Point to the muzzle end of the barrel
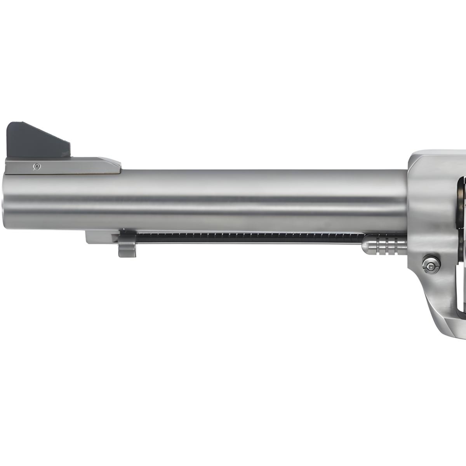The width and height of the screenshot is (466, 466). [x=5, y=202]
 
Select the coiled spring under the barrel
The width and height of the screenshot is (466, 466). [x=249, y=235]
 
